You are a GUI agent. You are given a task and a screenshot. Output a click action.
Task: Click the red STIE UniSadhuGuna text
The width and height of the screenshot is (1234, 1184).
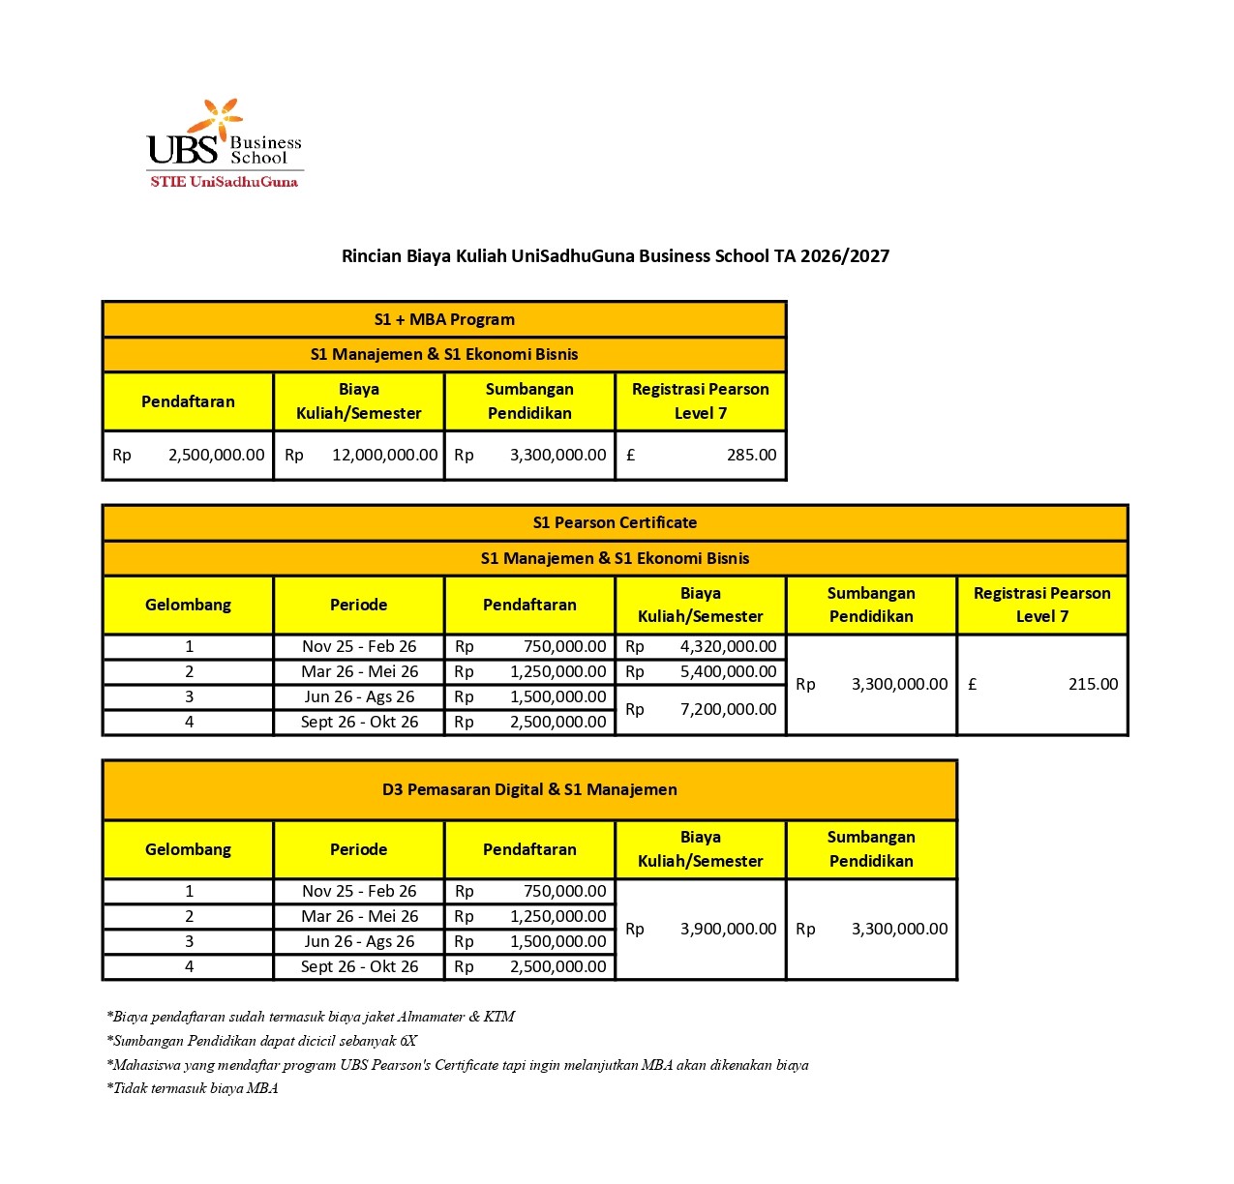click(x=225, y=182)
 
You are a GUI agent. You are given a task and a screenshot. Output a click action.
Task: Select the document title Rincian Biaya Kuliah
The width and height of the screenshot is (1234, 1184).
click(x=616, y=256)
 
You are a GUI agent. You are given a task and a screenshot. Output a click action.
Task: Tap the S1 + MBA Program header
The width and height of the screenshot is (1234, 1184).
click(x=444, y=319)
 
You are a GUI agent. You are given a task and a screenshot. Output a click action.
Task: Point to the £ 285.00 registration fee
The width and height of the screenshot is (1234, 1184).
click(x=701, y=455)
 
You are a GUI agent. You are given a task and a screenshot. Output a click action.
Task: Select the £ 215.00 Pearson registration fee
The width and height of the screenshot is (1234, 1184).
click(x=1042, y=684)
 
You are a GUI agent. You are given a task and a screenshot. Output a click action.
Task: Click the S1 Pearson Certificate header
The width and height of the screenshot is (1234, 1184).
click(x=615, y=522)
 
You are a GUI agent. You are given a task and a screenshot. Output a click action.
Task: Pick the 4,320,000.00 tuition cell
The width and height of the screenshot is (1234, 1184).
click(x=701, y=646)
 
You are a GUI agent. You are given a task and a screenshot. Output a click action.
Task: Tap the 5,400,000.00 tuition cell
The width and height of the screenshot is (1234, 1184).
click(x=701, y=671)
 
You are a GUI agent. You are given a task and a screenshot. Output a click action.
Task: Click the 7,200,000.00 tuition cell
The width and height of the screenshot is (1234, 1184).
click(x=701, y=709)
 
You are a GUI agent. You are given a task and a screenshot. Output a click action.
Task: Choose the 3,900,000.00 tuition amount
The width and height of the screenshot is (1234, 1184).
click(x=701, y=929)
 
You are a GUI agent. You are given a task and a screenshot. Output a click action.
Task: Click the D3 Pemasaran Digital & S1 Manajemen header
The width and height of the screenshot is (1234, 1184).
click(x=529, y=789)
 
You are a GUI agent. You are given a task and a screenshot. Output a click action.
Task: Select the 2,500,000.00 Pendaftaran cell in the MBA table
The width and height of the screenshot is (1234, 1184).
click(x=189, y=455)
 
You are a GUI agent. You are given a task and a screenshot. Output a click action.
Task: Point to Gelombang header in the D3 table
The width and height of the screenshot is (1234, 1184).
click(x=189, y=849)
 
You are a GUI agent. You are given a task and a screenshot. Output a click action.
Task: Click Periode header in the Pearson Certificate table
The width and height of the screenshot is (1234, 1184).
click(x=359, y=605)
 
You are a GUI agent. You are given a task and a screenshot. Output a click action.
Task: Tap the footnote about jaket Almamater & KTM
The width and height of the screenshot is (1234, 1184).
click(x=311, y=1017)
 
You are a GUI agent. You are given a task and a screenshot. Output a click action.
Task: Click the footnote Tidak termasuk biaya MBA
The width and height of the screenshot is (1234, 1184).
click(x=193, y=1088)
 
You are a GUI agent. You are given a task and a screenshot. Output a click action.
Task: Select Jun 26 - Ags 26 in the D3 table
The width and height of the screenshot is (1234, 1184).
click(x=359, y=941)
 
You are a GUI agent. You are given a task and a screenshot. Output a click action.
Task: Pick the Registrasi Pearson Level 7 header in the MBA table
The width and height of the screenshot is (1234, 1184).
click(x=701, y=400)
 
